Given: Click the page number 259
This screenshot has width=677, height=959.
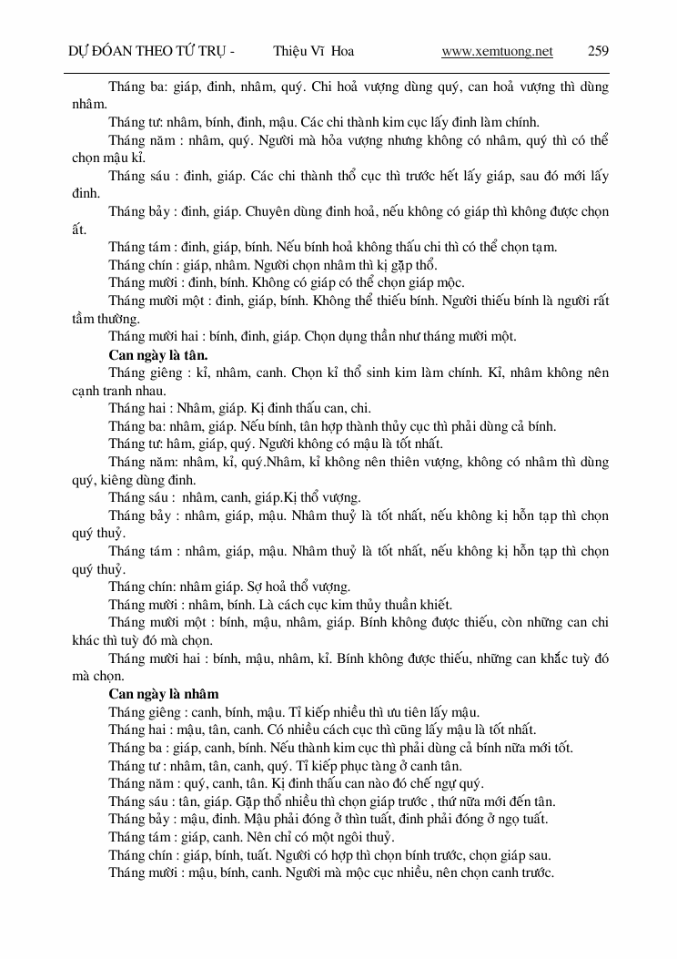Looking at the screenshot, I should click(x=598, y=51).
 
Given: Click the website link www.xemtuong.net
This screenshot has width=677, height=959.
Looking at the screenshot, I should click(x=497, y=51).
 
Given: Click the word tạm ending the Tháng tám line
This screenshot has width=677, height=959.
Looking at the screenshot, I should click(x=544, y=247).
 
